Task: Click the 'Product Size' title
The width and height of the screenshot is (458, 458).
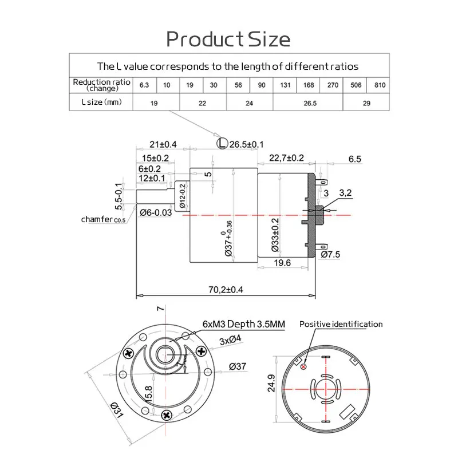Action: click(x=228, y=39)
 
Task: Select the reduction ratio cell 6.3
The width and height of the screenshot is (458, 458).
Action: click(x=144, y=85)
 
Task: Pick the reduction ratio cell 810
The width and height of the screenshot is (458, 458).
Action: click(x=379, y=85)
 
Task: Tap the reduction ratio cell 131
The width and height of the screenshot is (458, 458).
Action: click(x=285, y=85)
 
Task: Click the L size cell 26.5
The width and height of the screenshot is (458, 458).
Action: click(x=308, y=103)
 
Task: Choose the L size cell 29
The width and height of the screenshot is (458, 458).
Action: click(x=366, y=103)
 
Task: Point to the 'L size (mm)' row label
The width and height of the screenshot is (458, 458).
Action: click(x=100, y=103)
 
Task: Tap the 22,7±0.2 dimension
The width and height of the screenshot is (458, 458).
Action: click(x=282, y=158)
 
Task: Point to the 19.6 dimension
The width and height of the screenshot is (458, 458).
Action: click(x=283, y=262)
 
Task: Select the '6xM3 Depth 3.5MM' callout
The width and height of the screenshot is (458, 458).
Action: click(x=243, y=324)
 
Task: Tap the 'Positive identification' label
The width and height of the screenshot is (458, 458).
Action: click(x=341, y=324)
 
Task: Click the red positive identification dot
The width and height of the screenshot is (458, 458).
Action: click(x=303, y=367)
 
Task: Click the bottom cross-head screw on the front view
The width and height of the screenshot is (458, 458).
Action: click(x=168, y=414)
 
